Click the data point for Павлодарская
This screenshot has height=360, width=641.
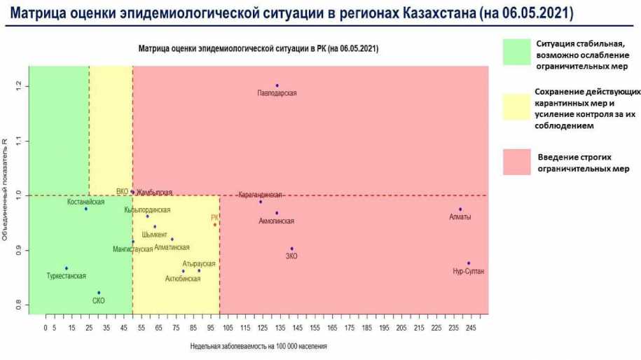click(x=277, y=85)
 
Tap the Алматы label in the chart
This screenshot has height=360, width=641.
click(x=460, y=217)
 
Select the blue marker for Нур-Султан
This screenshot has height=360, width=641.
click(x=469, y=263)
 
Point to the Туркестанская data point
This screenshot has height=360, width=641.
click(x=67, y=268)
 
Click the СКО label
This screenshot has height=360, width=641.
click(x=99, y=300)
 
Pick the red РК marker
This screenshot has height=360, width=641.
click(x=215, y=224)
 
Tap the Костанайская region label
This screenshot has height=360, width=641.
click(x=87, y=202)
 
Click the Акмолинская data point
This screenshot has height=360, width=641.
click(x=277, y=213)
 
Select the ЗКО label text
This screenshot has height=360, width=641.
click(x=291, y=256)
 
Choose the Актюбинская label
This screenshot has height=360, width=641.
click(x=183, y=279)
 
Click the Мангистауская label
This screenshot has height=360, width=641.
click(x=133, y=249)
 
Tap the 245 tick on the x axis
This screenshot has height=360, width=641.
click(x=471, y=327)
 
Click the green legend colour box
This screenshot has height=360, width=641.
click(x=516, y=50)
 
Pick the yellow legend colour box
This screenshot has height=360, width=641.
click(x=516, y=106)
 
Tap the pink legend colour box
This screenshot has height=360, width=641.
click(x=516, y=162)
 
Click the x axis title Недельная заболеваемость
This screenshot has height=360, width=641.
click(x=258, y=346)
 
